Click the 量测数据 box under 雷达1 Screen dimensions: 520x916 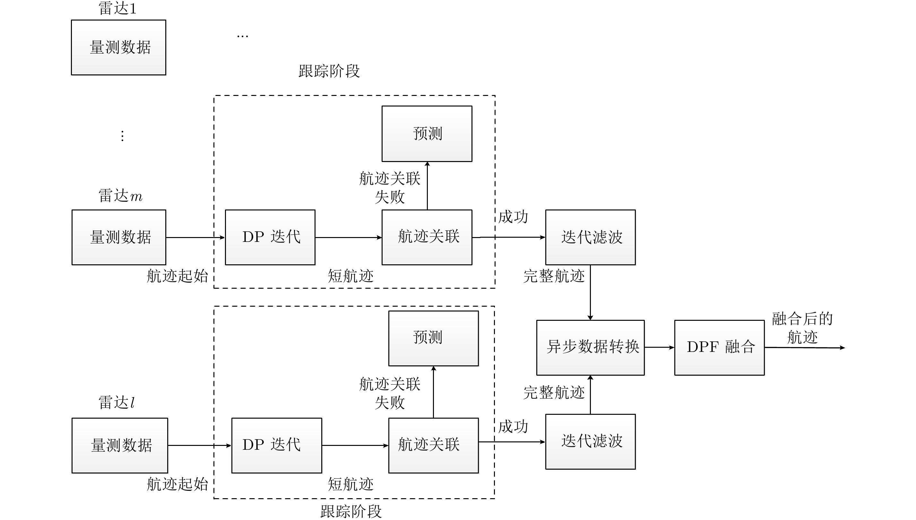pyautogui.click(x=119, y=47)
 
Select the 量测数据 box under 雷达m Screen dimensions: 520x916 pyautogui.click(x=119, y=237)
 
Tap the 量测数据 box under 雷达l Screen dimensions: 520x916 pyautogui.click(x=120, y=445)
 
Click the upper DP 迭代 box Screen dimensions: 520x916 pyautogui.click(x=270, y=237)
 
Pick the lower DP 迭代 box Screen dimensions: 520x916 pyautogui.click(x=277, y=445)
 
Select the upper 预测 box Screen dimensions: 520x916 pyautogui.click(x=427, y=133)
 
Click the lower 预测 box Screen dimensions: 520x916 pyautogui.click(x=433, y=338)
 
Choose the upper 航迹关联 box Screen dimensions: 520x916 pyautogui.click(x=427, y=237)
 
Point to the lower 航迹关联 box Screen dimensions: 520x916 pyautogui.click(x=433, y=445)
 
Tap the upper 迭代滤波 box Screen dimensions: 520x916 pyautogui.click(x=590, y=237)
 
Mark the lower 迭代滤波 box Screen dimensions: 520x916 pyautogui.click(x=590, y=441)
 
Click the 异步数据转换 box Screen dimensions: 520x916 pyautogui.click(x=590, y=347)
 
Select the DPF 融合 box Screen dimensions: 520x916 pyautogui.click(x=719, y=347)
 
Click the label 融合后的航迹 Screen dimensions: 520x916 pyautogui.click(x=802, y=328)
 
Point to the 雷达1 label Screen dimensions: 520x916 pyautogui.click(x=117, y=9)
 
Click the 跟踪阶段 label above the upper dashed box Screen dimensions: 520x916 pyautogui.click(x=329, y=71)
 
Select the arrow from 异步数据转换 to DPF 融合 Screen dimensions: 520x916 pyautogui.click(x=659, y=347)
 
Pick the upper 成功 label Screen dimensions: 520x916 pyautogui.click(x=513, y=217)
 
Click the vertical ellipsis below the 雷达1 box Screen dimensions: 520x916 pyautogui.click(x=123, y=136)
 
